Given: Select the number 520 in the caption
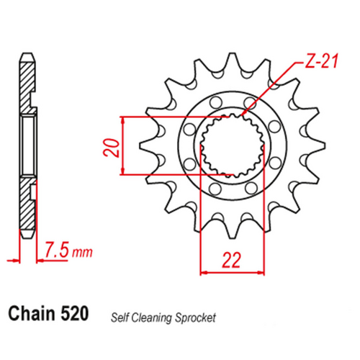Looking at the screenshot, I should pos(75,314).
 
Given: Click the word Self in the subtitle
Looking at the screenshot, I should pos(120,316).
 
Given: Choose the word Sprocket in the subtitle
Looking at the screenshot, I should pos(196,316).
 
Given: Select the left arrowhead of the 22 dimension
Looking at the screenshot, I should pos(202,272).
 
